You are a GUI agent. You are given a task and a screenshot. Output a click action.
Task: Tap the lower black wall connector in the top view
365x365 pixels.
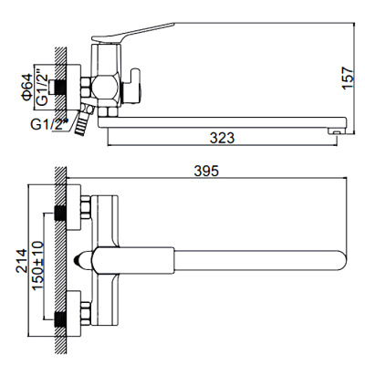click(x=60, y=319)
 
